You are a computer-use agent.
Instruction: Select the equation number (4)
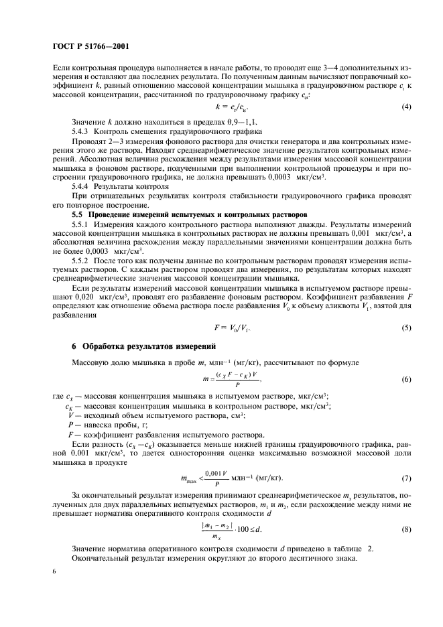[405, 107]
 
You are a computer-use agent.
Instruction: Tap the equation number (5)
[405, 328]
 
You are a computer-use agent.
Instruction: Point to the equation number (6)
[405, 380]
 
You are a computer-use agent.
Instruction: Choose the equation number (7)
[405, 478]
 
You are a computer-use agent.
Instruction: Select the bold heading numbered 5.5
[176, 213]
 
